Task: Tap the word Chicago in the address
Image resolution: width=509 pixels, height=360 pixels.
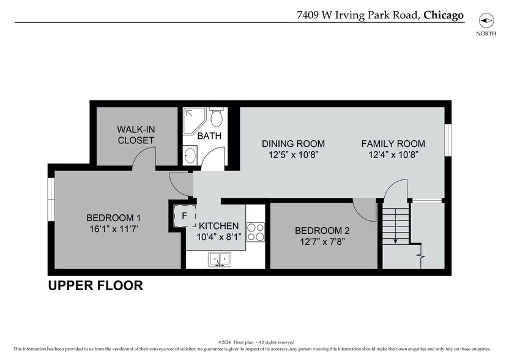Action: coord(443,15)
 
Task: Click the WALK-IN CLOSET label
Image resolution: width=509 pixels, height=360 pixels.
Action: coord(136,135)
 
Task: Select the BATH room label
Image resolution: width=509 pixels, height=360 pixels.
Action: coord(209,136)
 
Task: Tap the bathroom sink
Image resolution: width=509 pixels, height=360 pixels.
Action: coord(190,155)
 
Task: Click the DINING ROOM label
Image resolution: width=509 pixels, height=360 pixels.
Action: coord(293,144)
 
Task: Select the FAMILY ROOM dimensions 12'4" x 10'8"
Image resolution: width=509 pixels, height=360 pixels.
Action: coord(393,156)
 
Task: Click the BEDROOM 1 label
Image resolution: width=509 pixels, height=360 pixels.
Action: coord(114,217)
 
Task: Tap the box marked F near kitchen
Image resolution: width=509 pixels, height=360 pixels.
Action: coord(184,216)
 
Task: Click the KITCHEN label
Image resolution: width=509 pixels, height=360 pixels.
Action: coord(218,226)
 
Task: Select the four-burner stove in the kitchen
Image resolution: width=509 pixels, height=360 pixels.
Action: coord(256,231)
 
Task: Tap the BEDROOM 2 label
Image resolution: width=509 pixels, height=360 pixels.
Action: coord(322,230)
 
